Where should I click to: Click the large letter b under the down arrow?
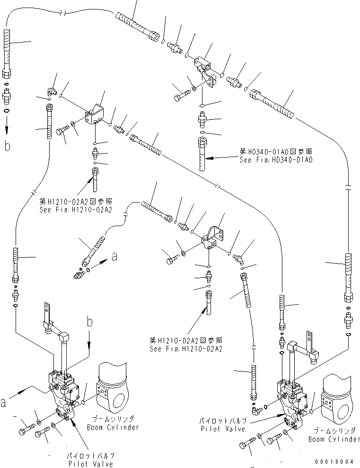pos(7,146)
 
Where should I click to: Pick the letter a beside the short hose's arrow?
pos(114,256)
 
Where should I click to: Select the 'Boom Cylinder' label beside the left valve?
pos(113,427)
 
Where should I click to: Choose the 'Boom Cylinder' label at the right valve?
pos(334,439)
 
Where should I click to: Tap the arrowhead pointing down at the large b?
pos(7,129)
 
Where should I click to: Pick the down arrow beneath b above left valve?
pos(89,348)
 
